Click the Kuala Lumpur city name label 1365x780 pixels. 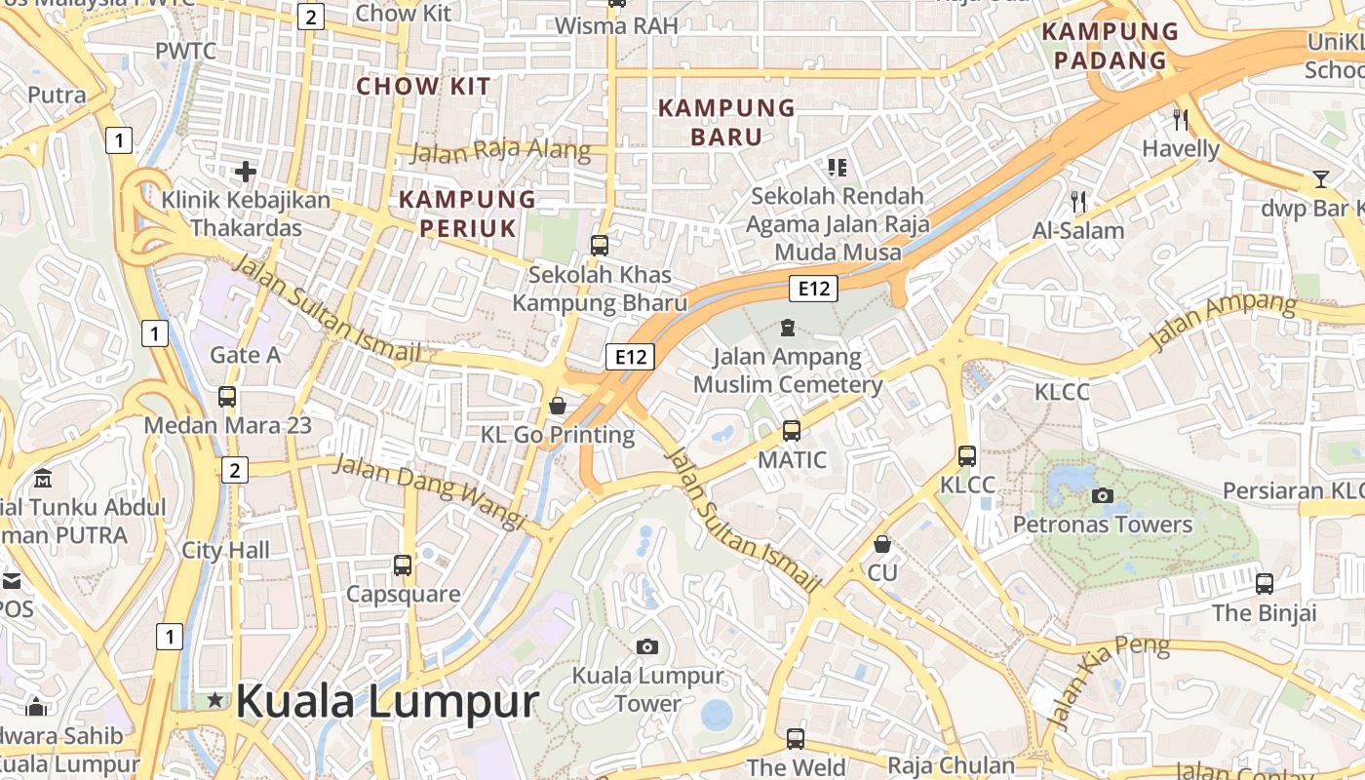click(387, 702)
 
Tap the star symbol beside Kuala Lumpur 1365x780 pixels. click(214, 700)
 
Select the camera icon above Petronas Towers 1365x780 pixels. click(1103, 495)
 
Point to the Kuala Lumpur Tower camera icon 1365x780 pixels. click(646, 646)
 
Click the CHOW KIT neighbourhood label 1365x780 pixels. click(423, 86)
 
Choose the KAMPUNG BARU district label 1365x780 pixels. click(726, 122)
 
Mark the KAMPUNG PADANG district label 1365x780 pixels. click(1111, 46)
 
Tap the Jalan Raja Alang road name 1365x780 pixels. click(500, 151)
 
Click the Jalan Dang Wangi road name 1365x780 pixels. click(429, 492)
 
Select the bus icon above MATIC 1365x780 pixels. click(792, 430)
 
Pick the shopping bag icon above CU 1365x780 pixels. click(882, 544)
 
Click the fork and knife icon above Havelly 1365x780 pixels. click(1181, 120)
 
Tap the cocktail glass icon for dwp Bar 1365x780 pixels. click(1320, 179)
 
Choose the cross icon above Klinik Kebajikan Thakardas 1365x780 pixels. click(246, 173)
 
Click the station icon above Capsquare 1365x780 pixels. click(403, 565)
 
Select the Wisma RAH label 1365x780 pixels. click(616, 26)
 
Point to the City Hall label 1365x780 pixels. click(226, 550)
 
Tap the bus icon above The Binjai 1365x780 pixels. click(1265, 584)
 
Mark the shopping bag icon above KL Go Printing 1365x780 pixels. click(558, 405)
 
